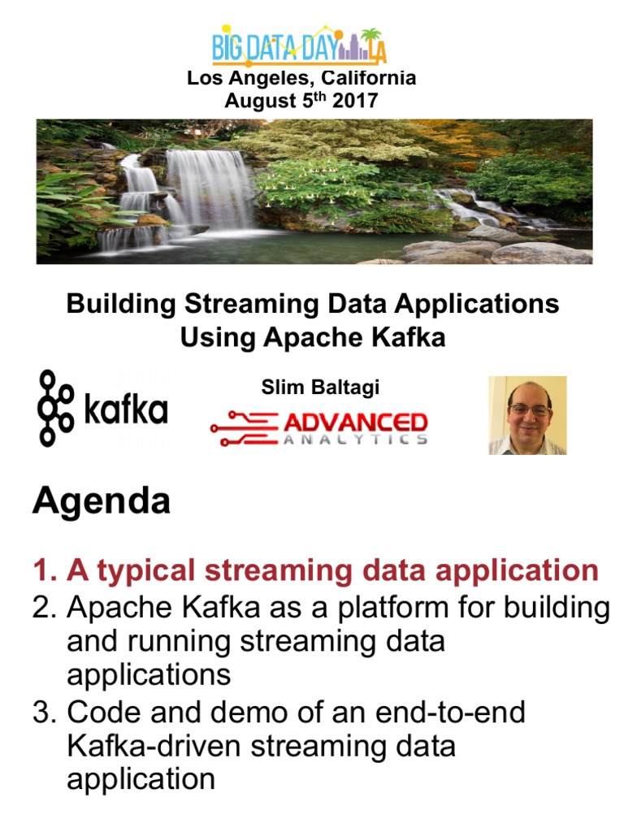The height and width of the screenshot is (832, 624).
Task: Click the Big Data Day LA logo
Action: point(299,45)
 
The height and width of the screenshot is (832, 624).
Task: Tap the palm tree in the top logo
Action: point(370,42)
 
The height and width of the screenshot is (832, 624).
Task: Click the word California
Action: point(368,78)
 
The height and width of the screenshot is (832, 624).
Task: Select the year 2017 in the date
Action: point(355,100)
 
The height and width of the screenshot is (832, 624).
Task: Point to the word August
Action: point(260,101)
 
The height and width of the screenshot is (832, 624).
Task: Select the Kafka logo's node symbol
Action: point(54,408)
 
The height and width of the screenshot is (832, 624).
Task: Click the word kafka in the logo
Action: point(126,409)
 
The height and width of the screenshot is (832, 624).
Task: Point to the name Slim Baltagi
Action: point(320,387)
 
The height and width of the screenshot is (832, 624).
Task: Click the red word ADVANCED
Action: point(355,422)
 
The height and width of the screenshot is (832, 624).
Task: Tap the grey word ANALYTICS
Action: point(355,440)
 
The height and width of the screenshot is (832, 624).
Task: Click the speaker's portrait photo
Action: point(527,415)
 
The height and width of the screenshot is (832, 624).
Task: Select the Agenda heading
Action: point(102,500)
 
